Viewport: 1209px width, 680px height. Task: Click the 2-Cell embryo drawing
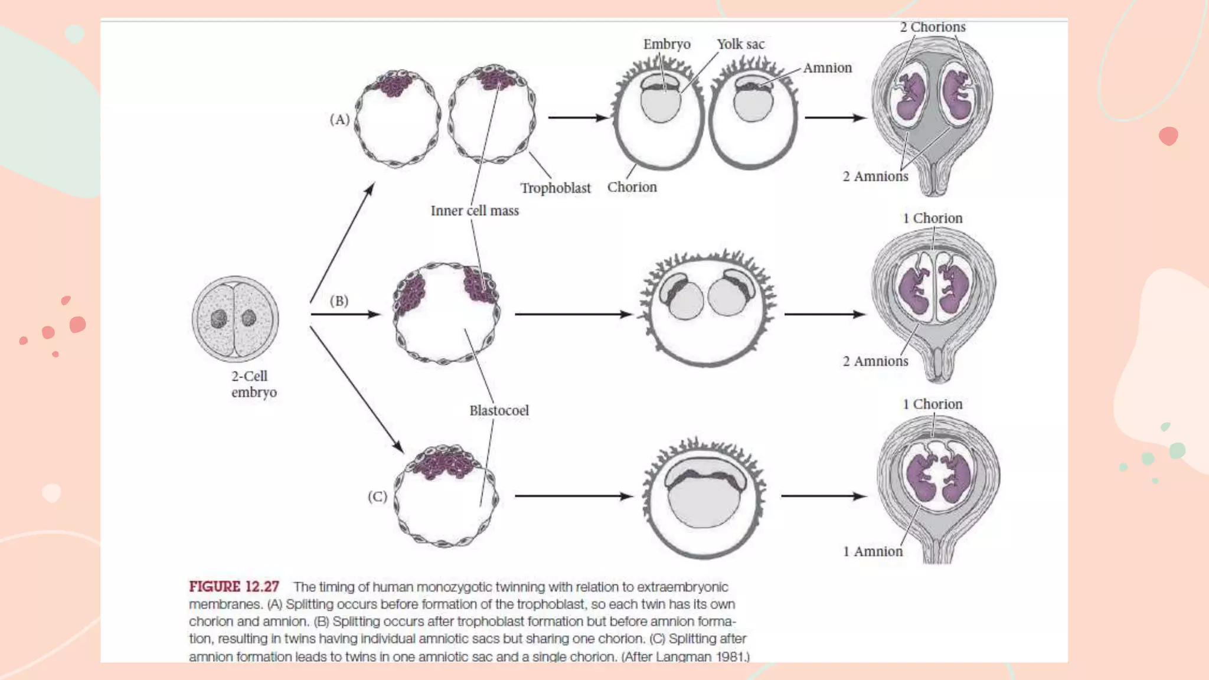[235, 319]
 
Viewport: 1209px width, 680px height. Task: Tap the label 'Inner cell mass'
[475, 211]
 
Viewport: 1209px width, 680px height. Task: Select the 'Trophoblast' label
[555, 188]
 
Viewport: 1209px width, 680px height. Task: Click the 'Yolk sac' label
[740, 44]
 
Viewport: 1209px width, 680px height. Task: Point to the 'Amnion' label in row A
[827, 68]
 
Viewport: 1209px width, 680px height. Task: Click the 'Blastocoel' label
[499, 410]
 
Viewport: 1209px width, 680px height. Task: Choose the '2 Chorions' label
[932, 27]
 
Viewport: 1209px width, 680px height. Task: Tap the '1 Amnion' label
[873, 551]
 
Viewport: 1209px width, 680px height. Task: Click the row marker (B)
[339, 300]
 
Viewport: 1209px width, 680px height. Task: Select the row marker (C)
[377, 496]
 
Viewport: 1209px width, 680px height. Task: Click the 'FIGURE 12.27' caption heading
[234, 587]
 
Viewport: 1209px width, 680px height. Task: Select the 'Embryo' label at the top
[666, 44]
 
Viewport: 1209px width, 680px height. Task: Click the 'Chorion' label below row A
[632, 187]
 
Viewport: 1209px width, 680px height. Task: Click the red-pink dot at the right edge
[1168, 136]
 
